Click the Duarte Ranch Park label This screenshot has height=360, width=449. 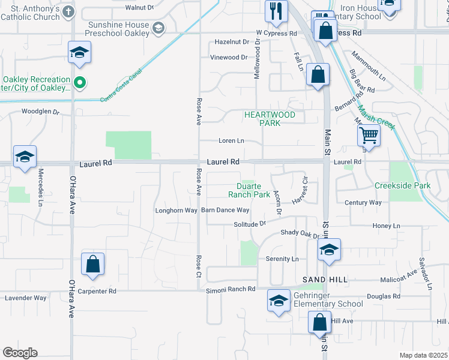[249, 190]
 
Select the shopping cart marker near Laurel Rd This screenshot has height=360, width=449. [369, 136]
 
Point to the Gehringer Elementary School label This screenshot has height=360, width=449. [328, 299]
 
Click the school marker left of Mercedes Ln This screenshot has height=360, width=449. [25, 157]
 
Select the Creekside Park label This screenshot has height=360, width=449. [403, 186]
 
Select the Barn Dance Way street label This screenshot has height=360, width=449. [225, 210]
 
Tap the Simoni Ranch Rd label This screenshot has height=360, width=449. [231, 289]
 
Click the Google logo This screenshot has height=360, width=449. [19, 353]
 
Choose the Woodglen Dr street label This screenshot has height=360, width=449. [41, 112]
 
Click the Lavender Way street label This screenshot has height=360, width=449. [25, 298]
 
